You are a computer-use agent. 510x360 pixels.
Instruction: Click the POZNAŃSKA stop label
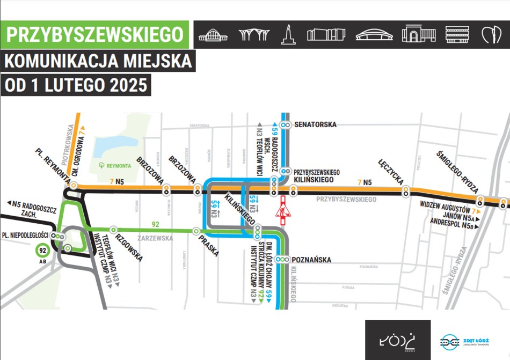312,260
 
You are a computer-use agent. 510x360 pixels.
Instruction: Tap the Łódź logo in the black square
397,340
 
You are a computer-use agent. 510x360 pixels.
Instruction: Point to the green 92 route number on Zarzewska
156,224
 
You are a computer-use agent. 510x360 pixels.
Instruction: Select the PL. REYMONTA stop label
53,164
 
